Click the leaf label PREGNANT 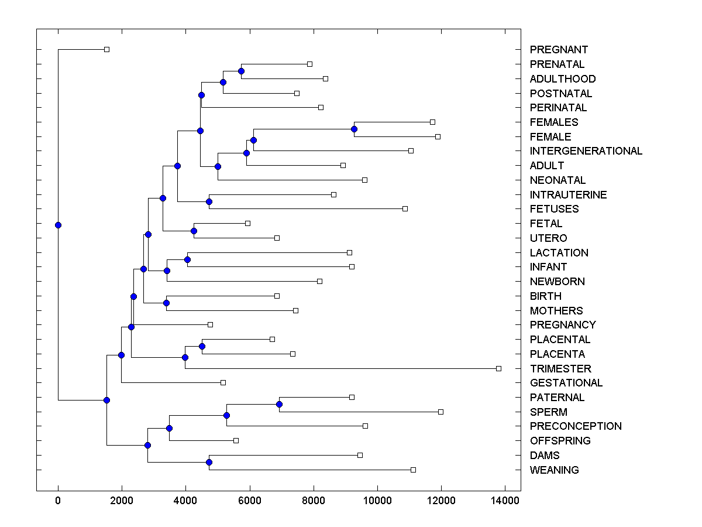pos(559,50)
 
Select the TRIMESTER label pos(560,369)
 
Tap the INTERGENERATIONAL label pos(586,151)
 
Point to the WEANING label pos(554,470)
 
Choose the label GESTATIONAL pos(566,383)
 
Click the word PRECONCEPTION pos(576,426)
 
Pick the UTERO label pos(548,238)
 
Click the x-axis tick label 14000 pos(505,501)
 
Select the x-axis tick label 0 pos(58,501)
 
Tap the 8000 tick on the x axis pos(314,501)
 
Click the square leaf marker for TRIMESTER pos(498,368)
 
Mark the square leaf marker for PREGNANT pos(106,49)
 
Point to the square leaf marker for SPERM pos(441,412)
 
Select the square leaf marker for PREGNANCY pos(210,324)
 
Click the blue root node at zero pos(58,225)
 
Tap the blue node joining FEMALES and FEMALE pos(354,129)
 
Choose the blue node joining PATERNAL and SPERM pos(279,404)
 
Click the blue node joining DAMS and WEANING pos(209,462)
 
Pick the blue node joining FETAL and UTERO pos(194,231)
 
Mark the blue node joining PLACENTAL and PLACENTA pos(202,346)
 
